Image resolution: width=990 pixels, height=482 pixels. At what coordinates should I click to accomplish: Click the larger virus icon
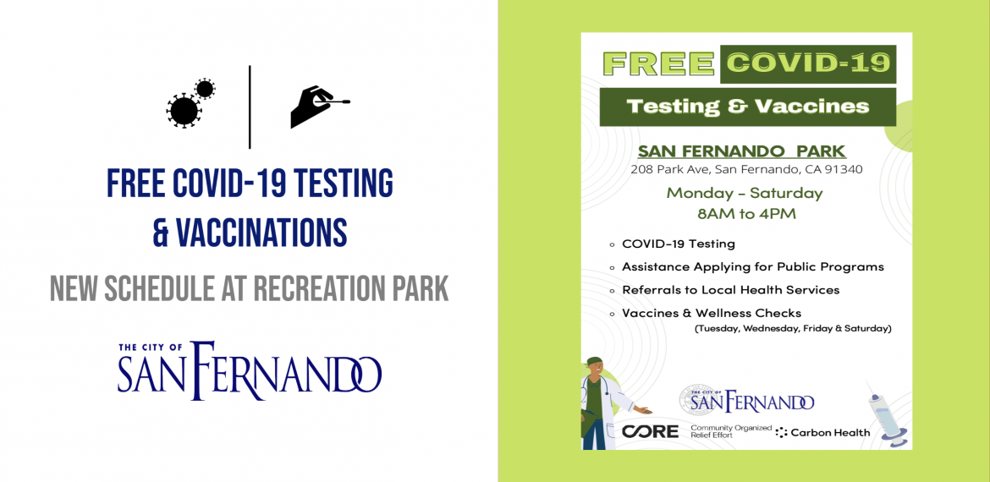click(x=184, y=111)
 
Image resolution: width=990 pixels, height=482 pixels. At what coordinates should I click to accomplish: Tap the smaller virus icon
click(x=205, y=89)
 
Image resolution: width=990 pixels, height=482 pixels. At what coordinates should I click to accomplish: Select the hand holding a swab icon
click(x=320, y=107)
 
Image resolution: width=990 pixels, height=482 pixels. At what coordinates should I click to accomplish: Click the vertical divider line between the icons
click(x=250, y=107)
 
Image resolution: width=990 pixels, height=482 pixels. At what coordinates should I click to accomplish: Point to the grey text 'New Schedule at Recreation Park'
click(x=250, y=289)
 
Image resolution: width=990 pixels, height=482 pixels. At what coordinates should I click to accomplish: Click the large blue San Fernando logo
click(x=250, y=371)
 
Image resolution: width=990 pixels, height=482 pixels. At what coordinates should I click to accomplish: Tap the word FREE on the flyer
click(x=658, y=63)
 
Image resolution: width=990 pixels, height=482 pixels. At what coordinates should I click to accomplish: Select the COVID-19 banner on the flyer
click(x=808, y=63)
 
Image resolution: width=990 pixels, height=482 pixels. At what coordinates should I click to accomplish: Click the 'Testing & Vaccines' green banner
click(x=747, y=107)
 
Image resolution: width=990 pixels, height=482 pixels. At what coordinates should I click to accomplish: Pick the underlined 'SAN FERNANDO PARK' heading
click(x=741, y=151)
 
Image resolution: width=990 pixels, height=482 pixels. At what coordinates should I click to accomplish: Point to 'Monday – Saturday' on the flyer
click(x=745, y=193)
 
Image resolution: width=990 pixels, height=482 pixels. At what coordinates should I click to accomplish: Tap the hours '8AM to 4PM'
click(x=746, y=214)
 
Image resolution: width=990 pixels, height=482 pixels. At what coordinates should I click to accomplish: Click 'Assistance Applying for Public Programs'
click(x=752, y=267)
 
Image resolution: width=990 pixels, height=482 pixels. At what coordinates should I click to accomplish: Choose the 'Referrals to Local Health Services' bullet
click(x=730, y=290)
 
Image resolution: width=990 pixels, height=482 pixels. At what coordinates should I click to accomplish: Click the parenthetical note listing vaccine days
click(x=792, y=329)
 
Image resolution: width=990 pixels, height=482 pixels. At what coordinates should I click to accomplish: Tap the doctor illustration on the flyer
click(x=609, y=403)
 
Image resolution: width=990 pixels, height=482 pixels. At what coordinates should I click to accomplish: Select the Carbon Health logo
click(x=823, y=433)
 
